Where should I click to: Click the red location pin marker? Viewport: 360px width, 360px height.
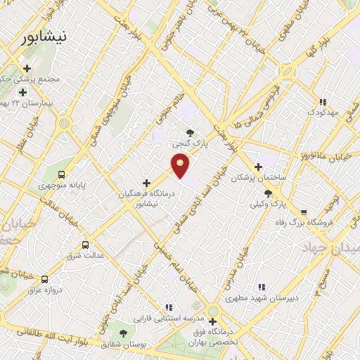click(x=181, y=165)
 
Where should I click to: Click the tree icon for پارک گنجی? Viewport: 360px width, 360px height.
click(x=191, y=131)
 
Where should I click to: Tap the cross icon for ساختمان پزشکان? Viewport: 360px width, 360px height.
click(x=259, y=167)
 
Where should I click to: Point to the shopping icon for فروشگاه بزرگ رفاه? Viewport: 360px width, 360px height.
click(x=303, y=212)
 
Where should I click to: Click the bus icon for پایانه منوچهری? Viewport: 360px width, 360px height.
click(x=62, y=174)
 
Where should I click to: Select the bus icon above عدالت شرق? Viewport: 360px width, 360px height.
click(x=85, y=245)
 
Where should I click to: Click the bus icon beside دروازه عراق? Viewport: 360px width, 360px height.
click(x=45, y=278)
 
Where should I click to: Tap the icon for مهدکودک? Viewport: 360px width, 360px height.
click(x=323, y=102)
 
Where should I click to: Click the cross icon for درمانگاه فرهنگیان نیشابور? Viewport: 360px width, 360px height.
click(x=146, y=183)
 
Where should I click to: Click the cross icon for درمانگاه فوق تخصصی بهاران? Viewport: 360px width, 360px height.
click(x=212, y=321)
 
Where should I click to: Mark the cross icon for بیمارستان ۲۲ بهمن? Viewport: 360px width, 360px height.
click(x=23, y=92)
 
